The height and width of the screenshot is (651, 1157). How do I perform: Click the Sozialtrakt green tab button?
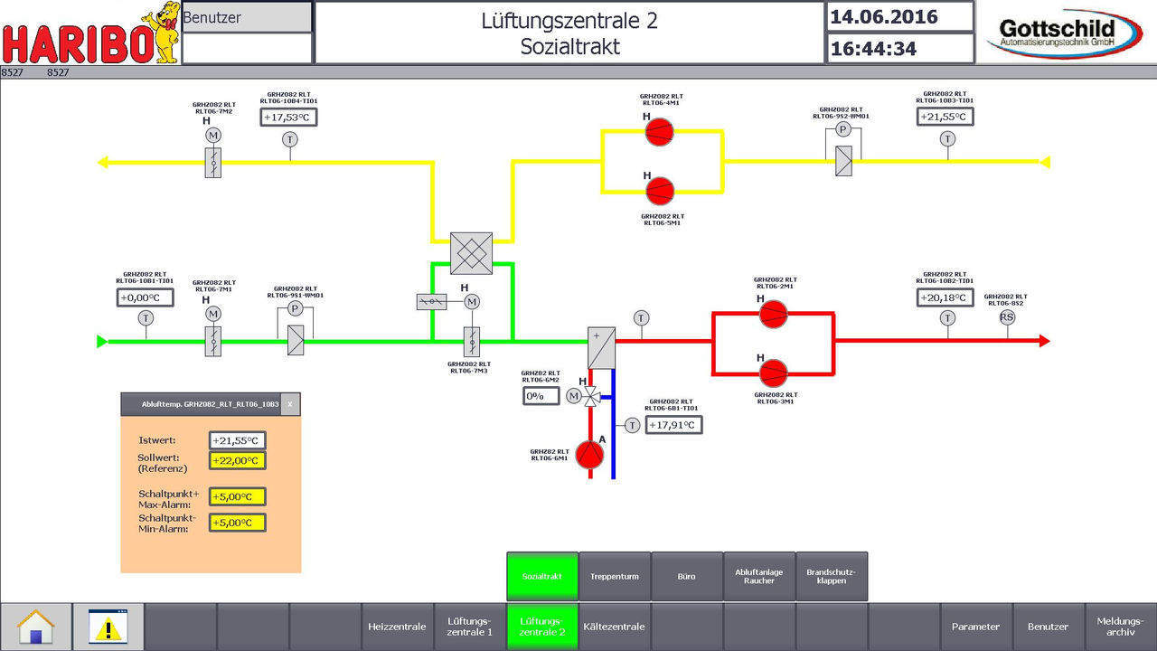point(542,576)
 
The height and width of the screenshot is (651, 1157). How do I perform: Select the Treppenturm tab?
point(615,576)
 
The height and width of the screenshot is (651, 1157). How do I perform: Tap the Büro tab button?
point(687,576)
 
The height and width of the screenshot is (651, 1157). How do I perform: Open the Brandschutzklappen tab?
point(832,576)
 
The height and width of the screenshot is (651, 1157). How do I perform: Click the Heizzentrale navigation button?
point(397,627)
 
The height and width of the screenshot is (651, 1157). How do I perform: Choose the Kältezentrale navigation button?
point(615,627)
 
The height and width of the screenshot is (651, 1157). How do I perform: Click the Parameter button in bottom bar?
point(975,627)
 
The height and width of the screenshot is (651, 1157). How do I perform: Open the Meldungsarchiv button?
point(1121,627)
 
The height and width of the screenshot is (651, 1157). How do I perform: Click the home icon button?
point(36,627)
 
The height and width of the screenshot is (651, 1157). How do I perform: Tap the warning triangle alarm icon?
point(108,627)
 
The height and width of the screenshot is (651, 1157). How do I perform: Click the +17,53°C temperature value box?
point(289,117)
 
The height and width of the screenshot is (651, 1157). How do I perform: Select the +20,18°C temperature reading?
point(945,297)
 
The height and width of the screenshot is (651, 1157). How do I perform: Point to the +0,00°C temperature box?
point(145,297)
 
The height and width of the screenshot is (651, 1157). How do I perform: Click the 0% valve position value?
point(541,395)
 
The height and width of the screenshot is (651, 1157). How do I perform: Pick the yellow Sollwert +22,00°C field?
point(237,460)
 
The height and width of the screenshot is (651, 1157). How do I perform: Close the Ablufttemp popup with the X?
point(290,405)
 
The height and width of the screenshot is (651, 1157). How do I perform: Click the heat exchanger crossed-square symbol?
point(472,253)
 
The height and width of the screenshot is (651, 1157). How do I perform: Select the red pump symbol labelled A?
point(589,455)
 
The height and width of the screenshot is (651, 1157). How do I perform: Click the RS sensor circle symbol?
point(1007,316)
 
